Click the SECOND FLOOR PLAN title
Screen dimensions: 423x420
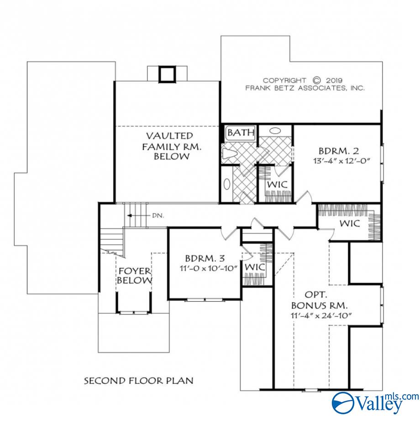click(x=138, y=380)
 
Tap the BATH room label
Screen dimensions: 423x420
click(x=241, y=133)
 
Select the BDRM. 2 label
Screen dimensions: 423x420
click(x=335, y=151)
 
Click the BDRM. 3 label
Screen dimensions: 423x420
click(x=201, y=258)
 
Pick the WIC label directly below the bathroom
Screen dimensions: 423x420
click(x=276, y=185)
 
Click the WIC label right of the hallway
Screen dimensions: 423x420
click(x=349, y=223)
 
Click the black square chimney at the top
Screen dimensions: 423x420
click(x=167, y=74)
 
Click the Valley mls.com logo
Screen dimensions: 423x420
click(x=374, y=402)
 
